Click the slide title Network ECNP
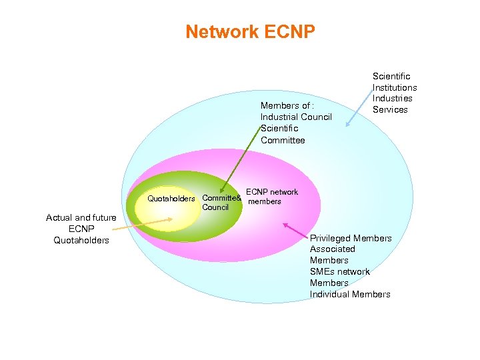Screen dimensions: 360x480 pyautogui.click(x=250, y=31)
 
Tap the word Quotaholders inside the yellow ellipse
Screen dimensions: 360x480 pyautogui.click(x=171, y=199)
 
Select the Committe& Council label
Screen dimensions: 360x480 pyautogui.click(x=221, y=203)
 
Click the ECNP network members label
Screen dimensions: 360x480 pyautogui.click(x=271, y=197)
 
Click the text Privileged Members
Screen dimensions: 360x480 pyautogui.click(x=351, y=239)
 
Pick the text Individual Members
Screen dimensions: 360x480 pyautogui.click(x=350, y=295)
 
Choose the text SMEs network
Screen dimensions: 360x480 pyautogui.click(x=339, y=272)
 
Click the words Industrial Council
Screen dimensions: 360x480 pyautogui.click(x=296, y=117)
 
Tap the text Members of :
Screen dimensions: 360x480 pyautogui.click(x=287, y=106)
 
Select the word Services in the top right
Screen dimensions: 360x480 pyautogui.click(x=390, y=110)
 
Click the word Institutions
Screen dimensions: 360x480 pyautogui.click(x=395, y=87)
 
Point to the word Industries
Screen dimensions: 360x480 pyautogui.click(x=393, y=99)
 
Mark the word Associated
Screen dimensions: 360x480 pyautogui.click(x=333, y=249)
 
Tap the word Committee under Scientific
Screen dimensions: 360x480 pyautogui.click(x=283, y=140)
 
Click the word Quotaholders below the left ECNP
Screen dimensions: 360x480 pyautogui.click(x=81, y=240)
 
